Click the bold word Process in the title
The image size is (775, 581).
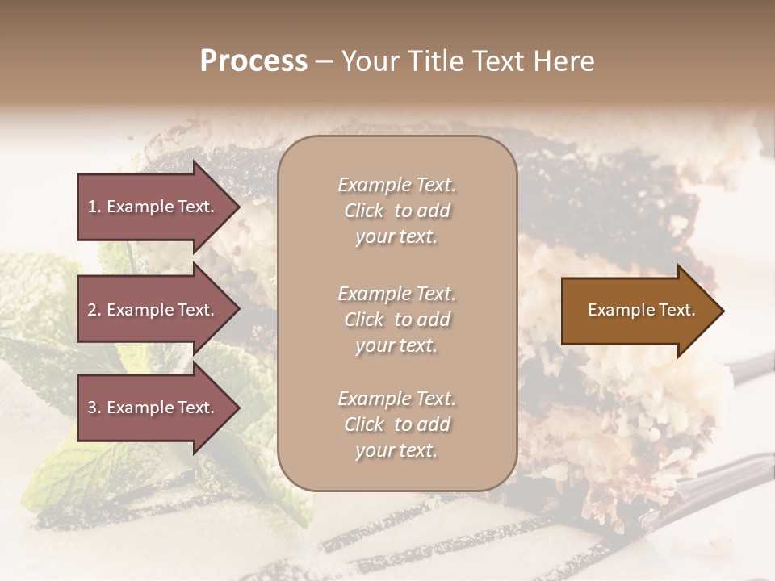click(253, 61)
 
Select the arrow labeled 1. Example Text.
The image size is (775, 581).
click(153, 207)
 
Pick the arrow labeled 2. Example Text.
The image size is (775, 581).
click(153, 310)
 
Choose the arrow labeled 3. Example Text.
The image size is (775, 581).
click(153, 408)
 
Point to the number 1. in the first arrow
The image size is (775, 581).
click(94, 207)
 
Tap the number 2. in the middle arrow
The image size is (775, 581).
click(94, 310)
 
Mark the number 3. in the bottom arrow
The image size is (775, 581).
click(94, 408)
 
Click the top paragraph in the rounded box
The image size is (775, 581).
click(396, 211)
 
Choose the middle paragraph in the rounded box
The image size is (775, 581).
click(396, 320)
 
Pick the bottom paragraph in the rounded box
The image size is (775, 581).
click(396, 424)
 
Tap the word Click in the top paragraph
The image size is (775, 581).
click(364, 211)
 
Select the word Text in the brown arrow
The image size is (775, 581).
click(677, 310)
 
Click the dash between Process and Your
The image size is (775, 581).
click(325, 62)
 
